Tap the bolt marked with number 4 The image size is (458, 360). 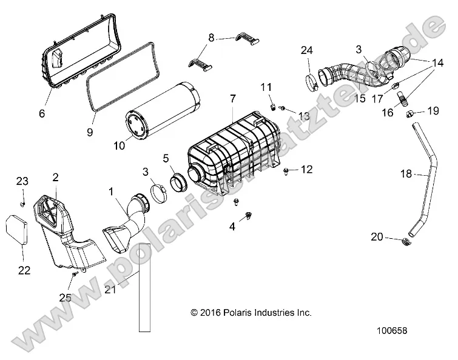[x=249, y=215]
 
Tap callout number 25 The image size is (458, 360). [x=65, y=298]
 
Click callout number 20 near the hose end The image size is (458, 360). [x=377, y=237]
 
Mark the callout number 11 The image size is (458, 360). [x=266, y=87]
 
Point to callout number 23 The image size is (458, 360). [x=22, y=181]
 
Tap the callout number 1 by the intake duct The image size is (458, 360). [x=110, y=192]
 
